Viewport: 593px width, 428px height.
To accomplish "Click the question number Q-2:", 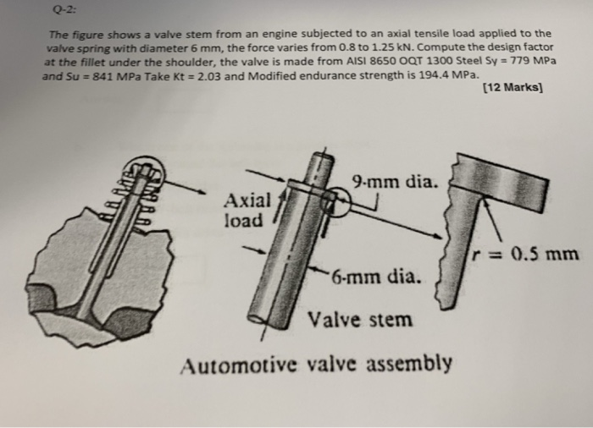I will [61, 10].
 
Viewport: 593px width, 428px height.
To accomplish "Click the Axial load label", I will [247, 210].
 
